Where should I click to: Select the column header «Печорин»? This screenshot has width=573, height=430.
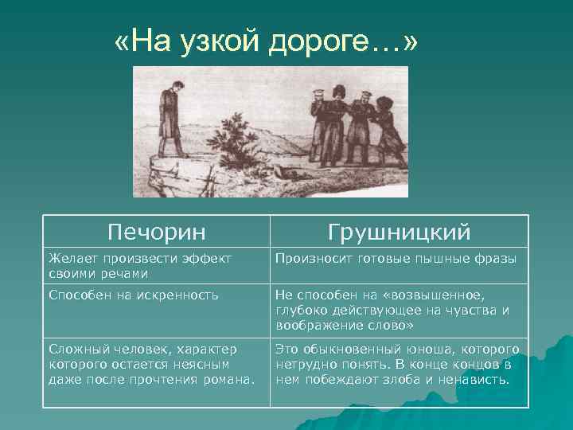156,232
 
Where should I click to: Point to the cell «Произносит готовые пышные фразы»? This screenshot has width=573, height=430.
396,258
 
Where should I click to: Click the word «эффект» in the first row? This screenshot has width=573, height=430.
205,258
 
